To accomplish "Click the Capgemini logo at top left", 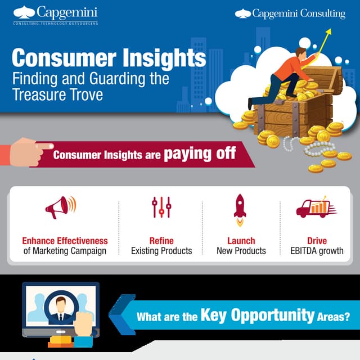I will pos(55,15).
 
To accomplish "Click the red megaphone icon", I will pos(60,207).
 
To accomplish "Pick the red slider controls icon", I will pos(161,207).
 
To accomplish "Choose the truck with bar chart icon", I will pos(316,208).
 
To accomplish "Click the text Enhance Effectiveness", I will pos(65,241).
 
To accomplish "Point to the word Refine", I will pos(161,241).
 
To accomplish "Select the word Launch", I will pos(241,241).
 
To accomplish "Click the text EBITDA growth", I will pos(317,251).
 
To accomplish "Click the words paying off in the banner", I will pos(200,154).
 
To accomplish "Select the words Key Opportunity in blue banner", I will pos(257,315).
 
